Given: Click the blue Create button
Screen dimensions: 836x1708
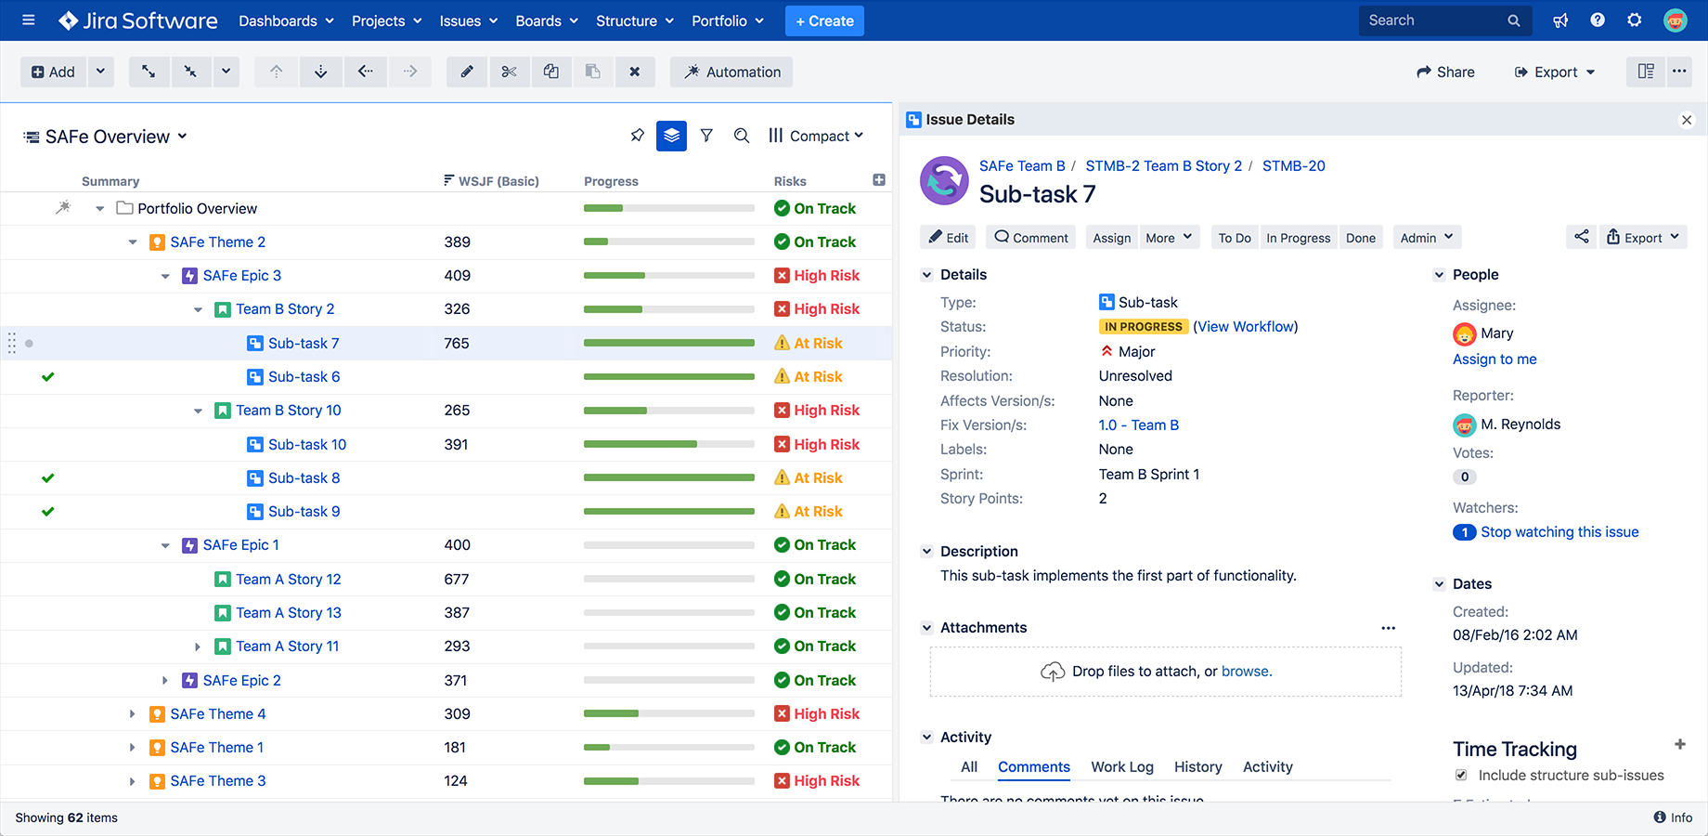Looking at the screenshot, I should (824, 20).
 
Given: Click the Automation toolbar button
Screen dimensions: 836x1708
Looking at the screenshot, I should (731, 72).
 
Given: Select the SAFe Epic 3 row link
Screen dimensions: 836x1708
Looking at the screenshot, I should (241, 275).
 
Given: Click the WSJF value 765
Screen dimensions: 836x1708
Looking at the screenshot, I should (457, 343).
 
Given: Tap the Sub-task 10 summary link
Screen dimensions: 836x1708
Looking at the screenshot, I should (307, 444).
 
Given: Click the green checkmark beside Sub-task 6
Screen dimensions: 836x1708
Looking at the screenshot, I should (48, 376).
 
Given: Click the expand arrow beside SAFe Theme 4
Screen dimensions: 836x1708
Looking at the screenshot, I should (132, 713).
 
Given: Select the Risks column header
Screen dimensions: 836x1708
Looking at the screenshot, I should (790, 181).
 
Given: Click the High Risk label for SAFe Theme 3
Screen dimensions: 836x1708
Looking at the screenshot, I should (826, 780).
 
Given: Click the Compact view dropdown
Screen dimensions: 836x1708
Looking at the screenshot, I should (817, 136).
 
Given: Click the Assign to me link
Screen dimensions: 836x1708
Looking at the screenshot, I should (1494, 359).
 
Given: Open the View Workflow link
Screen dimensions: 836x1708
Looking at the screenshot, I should (1246, 326).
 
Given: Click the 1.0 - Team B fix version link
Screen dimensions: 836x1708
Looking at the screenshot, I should (1139, 425).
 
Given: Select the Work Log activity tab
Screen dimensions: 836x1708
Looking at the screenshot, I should (1122, 766).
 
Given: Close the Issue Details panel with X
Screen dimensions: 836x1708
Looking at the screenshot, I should (1687, 120).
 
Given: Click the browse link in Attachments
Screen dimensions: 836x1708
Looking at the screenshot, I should (1245, 671).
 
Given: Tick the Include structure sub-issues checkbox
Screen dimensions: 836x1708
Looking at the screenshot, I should (1461, 775).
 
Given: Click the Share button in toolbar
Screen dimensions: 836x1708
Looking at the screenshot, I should (1445, 72).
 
